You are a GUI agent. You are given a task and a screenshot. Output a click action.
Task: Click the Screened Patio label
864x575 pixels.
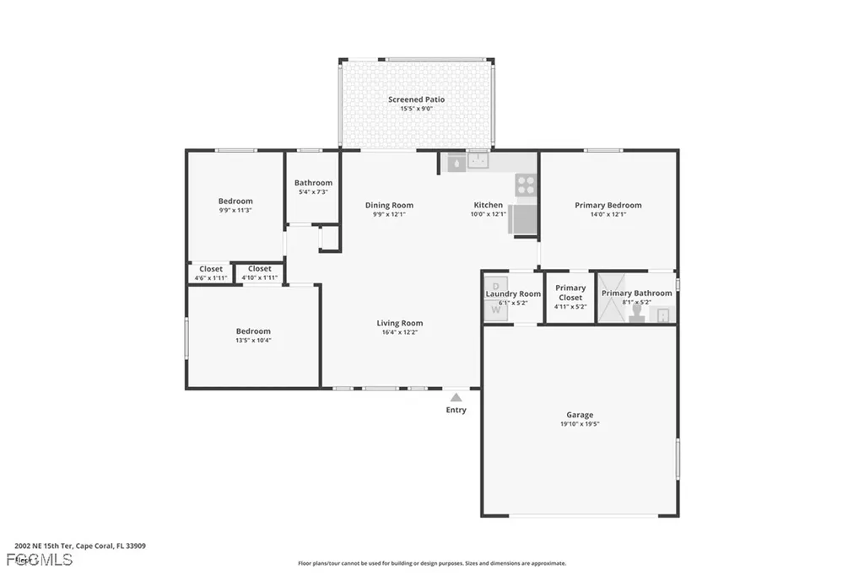tap(416, 99)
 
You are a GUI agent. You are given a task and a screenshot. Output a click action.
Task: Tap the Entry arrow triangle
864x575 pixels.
tap(456, 397)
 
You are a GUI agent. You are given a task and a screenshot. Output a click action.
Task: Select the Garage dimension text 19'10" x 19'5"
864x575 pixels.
tap(580, 424)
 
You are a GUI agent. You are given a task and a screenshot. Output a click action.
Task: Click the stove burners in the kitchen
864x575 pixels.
tap(526, 185)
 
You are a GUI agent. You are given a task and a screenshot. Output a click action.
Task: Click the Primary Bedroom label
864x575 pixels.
tap(607, 205)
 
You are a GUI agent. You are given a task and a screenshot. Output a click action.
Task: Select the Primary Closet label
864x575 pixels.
tap(570, 293)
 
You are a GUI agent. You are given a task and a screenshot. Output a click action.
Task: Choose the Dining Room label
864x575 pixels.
tap(389, 205)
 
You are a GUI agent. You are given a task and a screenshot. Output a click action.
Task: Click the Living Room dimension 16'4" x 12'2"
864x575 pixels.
tap(399, 332)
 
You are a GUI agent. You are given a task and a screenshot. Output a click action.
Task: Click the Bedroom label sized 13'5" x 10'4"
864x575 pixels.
tap(253, 331)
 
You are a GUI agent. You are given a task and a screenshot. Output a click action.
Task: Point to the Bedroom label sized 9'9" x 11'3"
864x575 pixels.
tap(235, 201)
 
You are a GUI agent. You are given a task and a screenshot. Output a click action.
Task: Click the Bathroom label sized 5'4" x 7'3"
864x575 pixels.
tap(313, 183)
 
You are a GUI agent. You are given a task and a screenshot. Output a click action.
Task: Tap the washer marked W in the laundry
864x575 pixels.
tap(496, 310)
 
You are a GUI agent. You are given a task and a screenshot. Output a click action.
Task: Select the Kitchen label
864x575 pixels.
tap(488, 205)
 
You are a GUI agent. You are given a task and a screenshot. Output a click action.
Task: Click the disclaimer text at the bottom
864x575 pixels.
tap(431, 563)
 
